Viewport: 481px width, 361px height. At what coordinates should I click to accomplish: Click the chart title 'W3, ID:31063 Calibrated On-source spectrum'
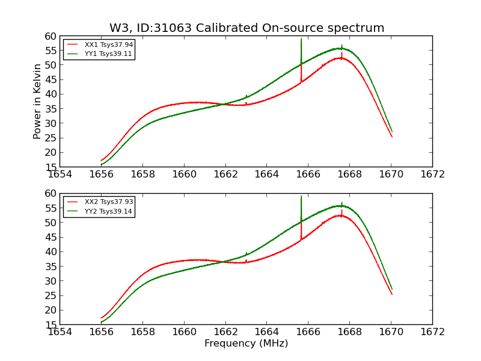pos(247,28)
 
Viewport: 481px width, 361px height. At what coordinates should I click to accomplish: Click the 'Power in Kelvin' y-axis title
pos(38,101)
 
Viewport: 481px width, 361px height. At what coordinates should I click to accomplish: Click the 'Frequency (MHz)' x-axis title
pos(246,344)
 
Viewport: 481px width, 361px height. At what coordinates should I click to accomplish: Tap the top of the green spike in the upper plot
pos(301,39)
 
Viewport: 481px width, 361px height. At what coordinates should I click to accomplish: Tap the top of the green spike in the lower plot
pos(301,196)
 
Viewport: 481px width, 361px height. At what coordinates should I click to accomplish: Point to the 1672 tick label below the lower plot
pos(432,332)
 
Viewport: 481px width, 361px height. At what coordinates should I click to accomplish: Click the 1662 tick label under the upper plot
pos(225,174)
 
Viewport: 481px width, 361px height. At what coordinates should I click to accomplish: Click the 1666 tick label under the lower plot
pos(308,332)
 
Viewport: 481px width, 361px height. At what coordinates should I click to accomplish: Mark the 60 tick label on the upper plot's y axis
pos(50,36)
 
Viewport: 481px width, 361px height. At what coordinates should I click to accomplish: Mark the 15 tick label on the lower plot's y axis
pos(50,324)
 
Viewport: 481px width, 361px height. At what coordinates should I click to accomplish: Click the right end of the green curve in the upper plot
pos(392,132)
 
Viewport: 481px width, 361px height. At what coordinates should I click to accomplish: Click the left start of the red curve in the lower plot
pos(101,318)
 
